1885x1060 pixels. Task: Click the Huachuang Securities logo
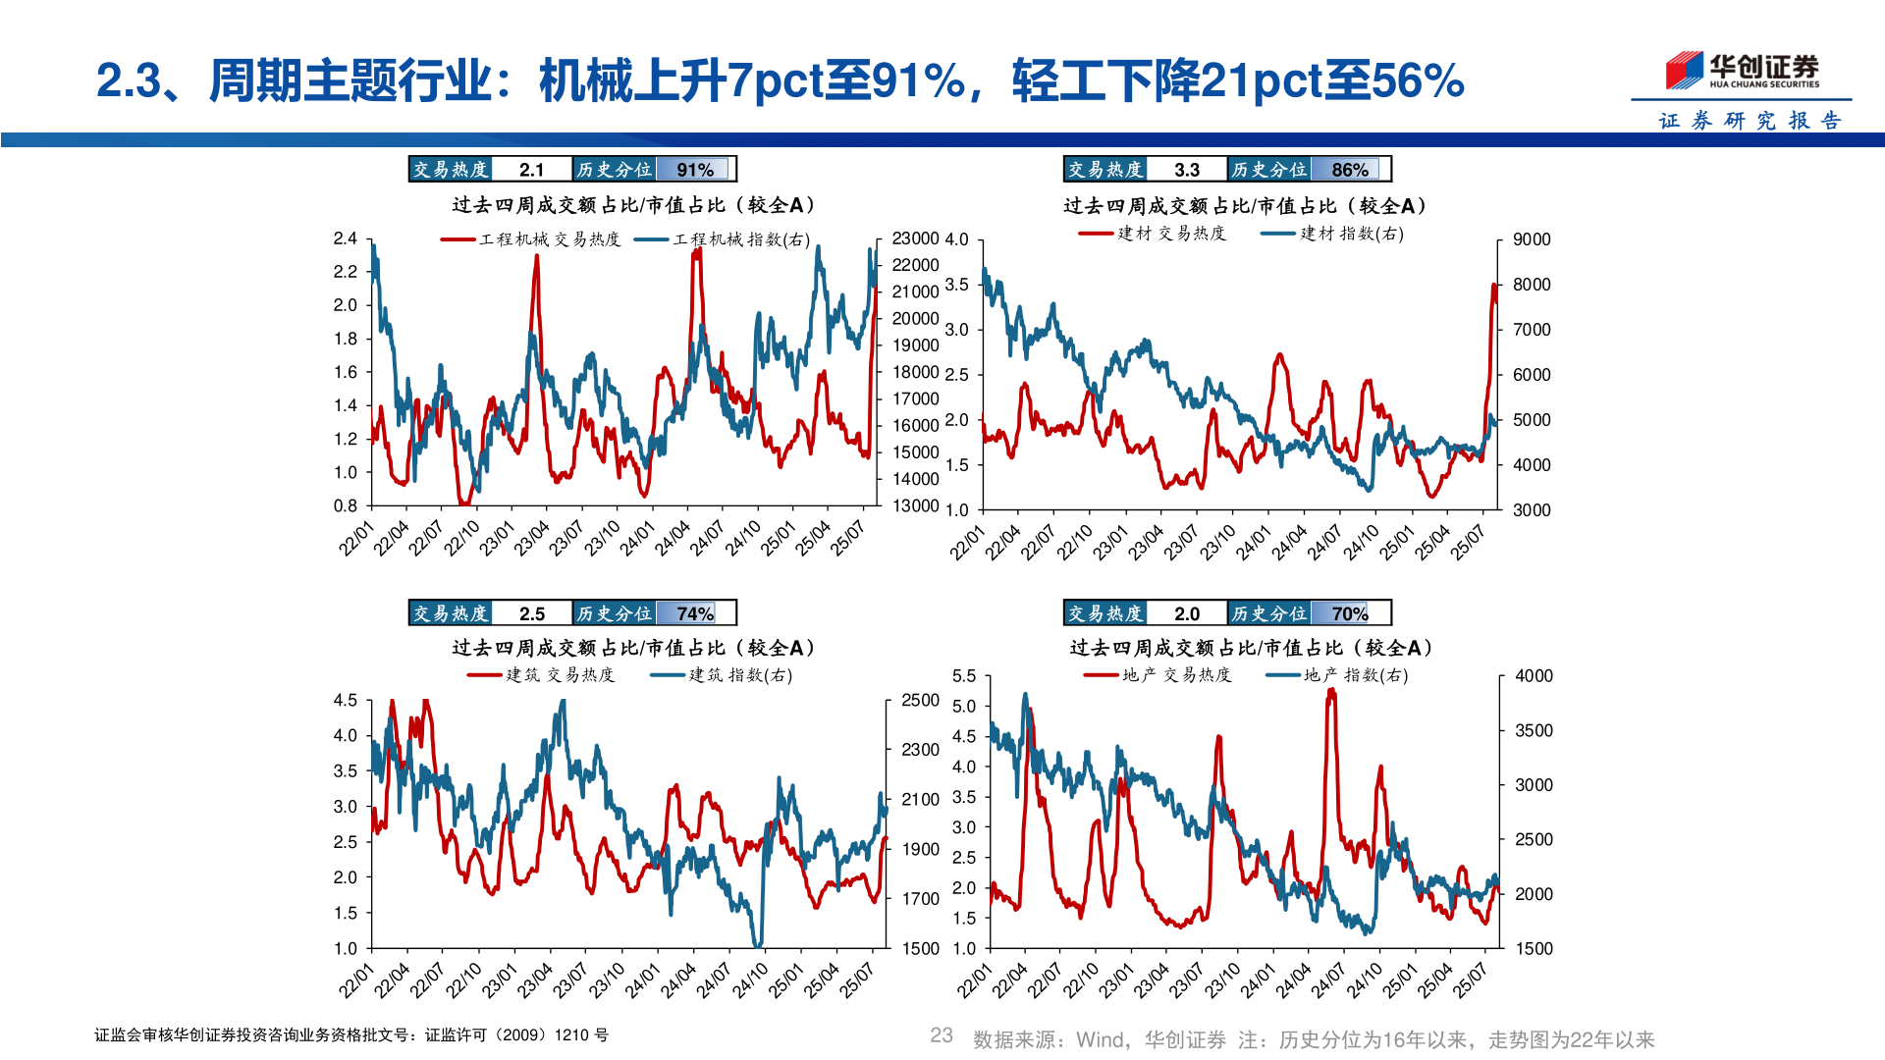tap(1742, 71)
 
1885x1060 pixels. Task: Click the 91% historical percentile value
tap(695, 170)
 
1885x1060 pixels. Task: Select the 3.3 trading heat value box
tap(1186, 170)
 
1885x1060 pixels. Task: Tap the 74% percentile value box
tap(695, 613)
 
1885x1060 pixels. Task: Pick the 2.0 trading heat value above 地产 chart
tap(1186, 613)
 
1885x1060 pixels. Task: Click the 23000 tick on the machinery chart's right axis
tap(915, 238)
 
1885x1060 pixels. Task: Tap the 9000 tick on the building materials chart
tap(1532, 239)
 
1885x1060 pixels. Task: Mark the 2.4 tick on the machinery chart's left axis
tap(346, 238)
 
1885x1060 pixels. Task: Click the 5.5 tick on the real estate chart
tap(964, 676)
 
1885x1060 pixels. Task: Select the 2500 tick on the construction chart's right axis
tap(920, 700)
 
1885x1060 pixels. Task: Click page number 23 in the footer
tap(941, 1035)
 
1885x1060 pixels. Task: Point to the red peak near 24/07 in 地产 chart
tap(1331, 693)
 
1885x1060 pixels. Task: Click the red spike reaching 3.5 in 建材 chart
tap(1493, 287)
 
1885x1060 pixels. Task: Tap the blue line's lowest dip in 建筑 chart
tap(757, 944)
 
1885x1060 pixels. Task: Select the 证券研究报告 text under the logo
tap(1750, 121)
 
